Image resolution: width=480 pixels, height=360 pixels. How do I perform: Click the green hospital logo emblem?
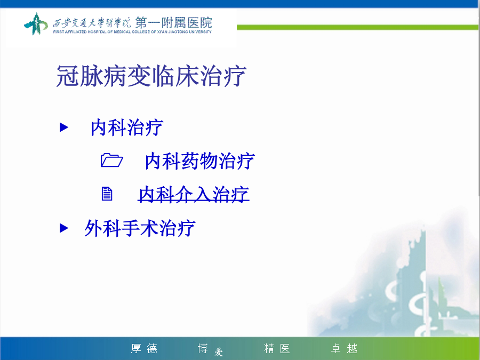pos(36,23)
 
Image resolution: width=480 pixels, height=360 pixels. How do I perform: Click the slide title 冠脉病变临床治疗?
pos(151,76)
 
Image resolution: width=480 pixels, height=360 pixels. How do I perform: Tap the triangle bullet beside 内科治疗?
pos(63,127)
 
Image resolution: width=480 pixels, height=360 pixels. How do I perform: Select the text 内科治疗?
pos(127,127)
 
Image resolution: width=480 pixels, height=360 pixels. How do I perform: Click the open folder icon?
pos(112,160)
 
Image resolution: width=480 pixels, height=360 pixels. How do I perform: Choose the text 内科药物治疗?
pos(199,161)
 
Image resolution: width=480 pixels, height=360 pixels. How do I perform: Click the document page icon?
pos(107,194)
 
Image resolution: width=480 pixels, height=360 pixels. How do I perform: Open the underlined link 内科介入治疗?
pos(194,194)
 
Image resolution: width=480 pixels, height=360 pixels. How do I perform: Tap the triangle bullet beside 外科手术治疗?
pos(63,228)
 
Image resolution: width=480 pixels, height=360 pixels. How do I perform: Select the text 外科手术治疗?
pos(140,228)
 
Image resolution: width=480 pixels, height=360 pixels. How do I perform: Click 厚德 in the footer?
pos(144,348)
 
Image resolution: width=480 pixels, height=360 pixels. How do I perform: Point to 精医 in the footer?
pos(277,348)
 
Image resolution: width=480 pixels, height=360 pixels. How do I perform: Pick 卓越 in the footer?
pos(344,348)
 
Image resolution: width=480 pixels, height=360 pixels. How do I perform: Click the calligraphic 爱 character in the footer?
pos(219,353)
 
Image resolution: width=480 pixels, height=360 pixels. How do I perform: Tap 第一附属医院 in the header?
pos(173,22)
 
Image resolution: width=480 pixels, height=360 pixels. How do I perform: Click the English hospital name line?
pos(132,32)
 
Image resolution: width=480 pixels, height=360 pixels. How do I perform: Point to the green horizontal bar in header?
pos(357,28)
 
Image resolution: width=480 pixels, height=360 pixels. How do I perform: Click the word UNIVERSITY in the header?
pos(200,32)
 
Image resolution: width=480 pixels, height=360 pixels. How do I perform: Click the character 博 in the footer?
pos(203,348)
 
